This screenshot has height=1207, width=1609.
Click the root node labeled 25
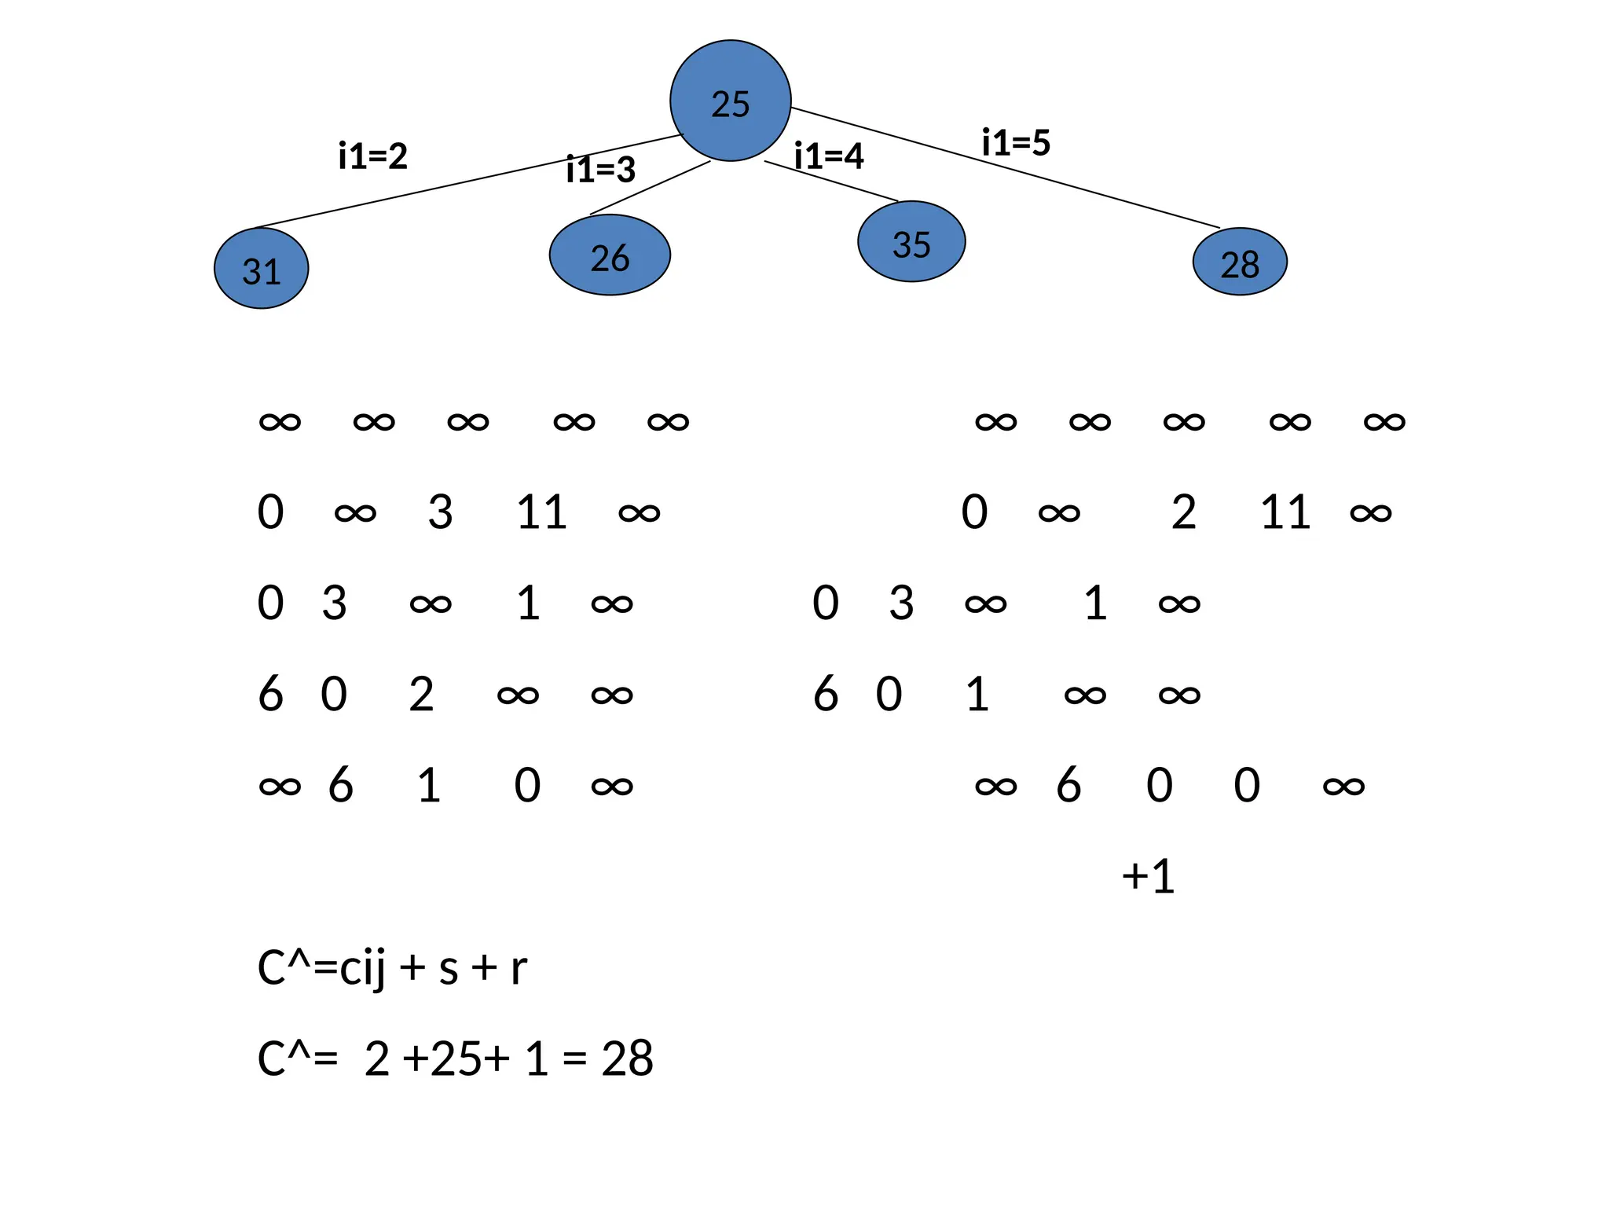coord(730,101)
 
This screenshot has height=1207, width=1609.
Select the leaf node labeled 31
coord(262,269)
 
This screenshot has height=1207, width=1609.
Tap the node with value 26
coord(610,256)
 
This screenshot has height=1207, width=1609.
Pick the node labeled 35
coord(911,243)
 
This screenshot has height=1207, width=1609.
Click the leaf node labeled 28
coord(1240,262)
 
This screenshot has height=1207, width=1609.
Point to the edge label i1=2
coord(373,156)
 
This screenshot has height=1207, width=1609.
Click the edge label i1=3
coord(601,169)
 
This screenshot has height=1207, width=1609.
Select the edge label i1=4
coord(829,156)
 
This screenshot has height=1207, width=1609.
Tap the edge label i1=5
coord(1016,142)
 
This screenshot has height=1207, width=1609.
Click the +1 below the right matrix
coord(1148,876)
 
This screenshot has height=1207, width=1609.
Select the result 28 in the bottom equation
coord(627,1058)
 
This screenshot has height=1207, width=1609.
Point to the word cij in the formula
coord(362,967)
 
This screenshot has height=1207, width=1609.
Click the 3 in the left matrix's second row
coord(440,512)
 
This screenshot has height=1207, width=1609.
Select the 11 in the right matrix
coord(1285,512)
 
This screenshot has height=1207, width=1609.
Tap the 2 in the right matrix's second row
coord(1183,512)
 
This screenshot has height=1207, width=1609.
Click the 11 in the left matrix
coord(541,512)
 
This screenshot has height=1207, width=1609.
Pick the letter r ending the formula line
coord(518,967)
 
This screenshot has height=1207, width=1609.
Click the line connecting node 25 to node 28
coord(1006,167)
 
